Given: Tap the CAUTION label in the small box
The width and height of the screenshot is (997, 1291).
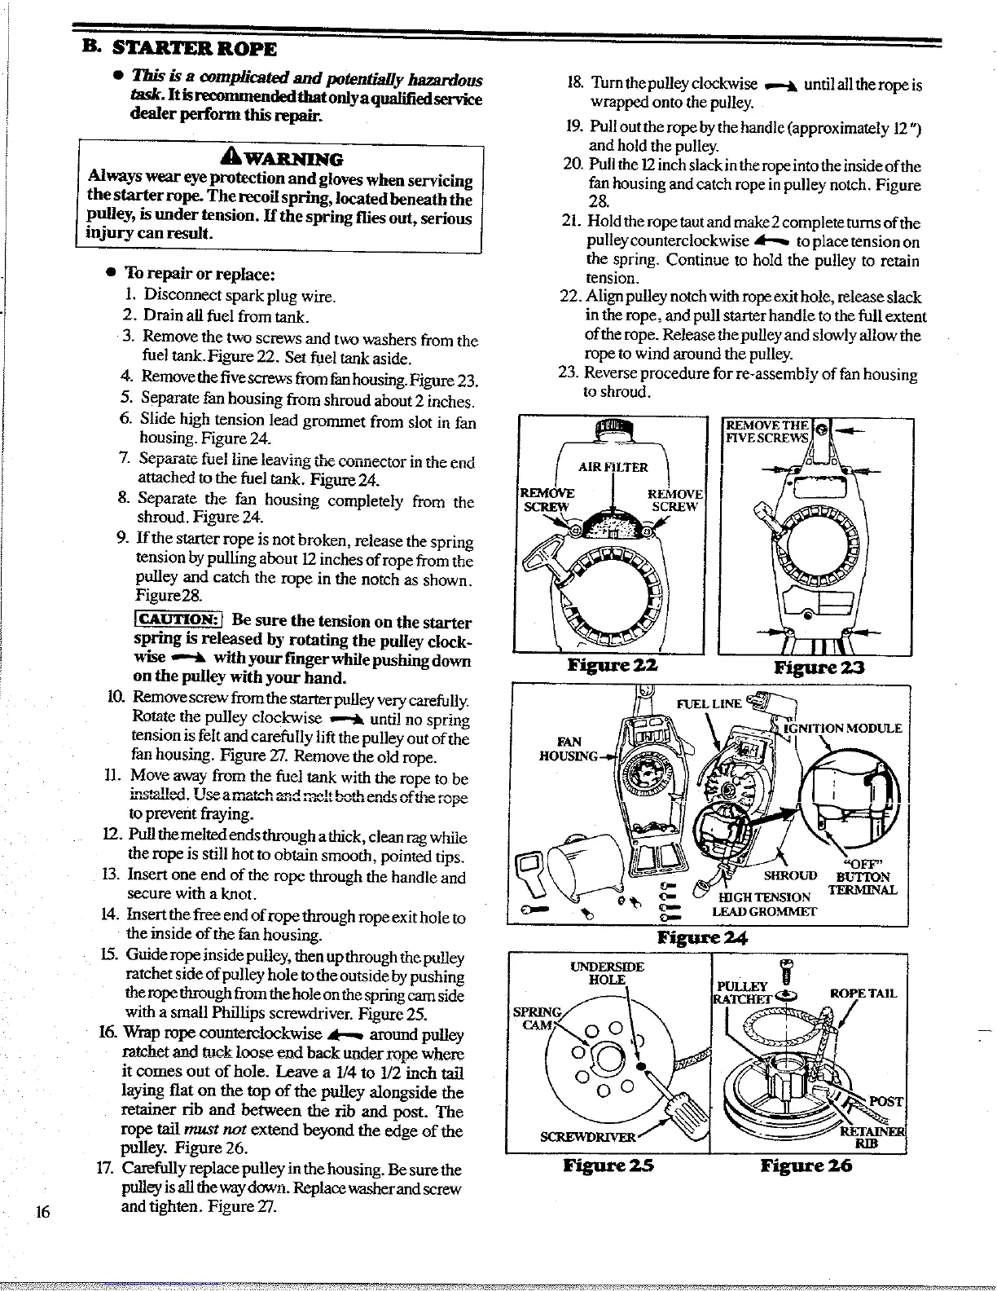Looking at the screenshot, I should [x=178, y=621].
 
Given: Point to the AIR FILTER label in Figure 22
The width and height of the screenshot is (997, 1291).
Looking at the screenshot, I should [x=613, y=467].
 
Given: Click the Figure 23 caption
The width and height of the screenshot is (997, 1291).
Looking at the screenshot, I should [x=819, y=668].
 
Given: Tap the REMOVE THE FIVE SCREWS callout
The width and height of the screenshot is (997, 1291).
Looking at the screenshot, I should [x=767, y=431].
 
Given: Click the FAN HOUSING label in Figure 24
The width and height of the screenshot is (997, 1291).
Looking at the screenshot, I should [x=569, y=748].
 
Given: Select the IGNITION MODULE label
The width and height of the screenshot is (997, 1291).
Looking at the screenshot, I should [x=842, y=728].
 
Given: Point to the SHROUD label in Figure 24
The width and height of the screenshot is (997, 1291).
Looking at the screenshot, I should [x=790, y=875].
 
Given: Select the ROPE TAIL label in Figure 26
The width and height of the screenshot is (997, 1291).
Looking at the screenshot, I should [x=863, y=993].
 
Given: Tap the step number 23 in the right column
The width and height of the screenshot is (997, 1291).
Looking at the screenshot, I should [x=568, y=373].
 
